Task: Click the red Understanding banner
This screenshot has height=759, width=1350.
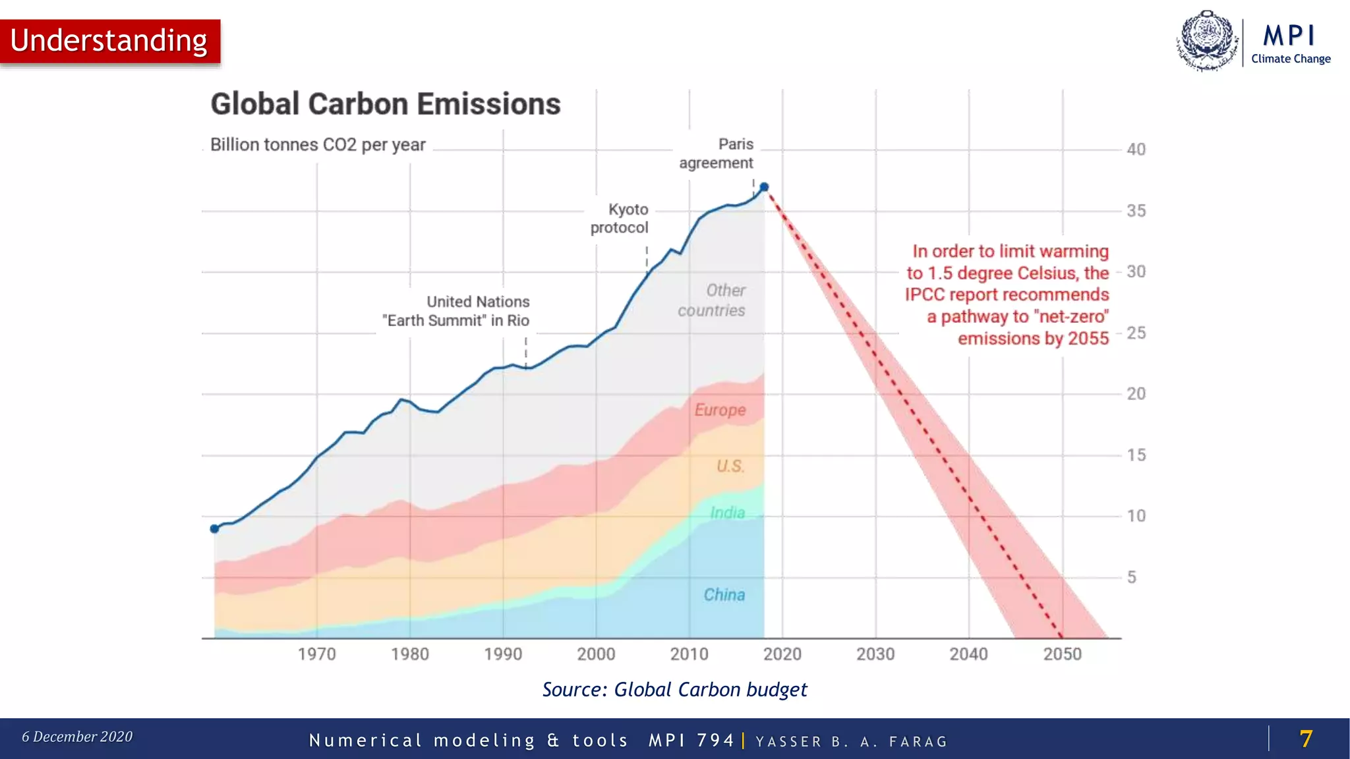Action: pos(109,41)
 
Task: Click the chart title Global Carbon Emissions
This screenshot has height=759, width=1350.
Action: pos(385,104)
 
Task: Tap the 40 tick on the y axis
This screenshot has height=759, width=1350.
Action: pos(1136,150)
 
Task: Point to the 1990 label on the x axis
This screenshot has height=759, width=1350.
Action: pos(502,654)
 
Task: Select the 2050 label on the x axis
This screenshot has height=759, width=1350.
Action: pos(1062,654)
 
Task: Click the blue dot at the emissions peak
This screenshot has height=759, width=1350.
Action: pos(764,187)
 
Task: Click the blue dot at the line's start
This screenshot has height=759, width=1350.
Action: pos(214,528)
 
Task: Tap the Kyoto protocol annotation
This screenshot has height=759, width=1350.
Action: pos(620,218)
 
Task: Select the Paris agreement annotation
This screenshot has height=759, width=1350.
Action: pos(717,154)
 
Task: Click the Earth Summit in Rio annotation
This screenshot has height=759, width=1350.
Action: pos(456,311)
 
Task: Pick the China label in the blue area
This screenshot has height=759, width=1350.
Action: pos(724,595)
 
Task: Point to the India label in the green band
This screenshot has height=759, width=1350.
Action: pos(727,513)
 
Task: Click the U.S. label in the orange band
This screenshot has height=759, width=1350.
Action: pos(730,466)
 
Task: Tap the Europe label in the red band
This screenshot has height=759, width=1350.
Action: pos(720,410)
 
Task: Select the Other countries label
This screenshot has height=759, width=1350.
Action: pos(713,300)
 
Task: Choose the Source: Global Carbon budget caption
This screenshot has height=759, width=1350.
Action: pos(674,690)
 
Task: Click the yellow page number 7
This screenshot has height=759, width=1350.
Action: pos(1305,739)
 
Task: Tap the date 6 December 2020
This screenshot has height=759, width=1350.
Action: pos(77,737)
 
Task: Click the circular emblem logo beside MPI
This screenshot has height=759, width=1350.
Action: pos(1207,41)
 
